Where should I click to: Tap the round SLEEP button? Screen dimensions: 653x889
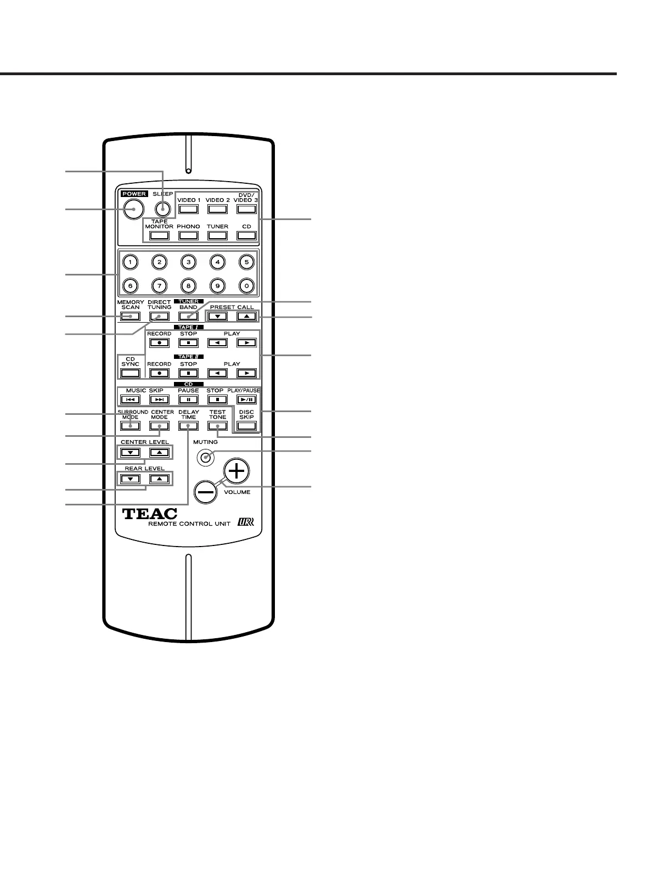coord(162,209)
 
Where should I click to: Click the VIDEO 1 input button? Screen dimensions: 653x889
coord(188,209)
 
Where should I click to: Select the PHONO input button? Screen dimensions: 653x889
coord(188,235)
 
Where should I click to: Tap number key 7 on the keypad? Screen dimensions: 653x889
coord(159,285)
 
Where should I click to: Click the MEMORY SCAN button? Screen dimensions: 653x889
coord(130,316)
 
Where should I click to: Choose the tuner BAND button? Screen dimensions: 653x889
coord(188,316)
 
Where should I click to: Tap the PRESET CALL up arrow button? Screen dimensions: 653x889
coord(246,316)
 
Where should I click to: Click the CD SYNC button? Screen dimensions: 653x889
coord(130,373)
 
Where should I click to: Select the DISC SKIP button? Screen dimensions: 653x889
coord(246,425)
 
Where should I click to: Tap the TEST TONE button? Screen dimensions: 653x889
coord(217,426)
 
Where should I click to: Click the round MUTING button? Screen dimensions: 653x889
coord(205,457)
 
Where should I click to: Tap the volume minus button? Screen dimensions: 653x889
coord(206,492)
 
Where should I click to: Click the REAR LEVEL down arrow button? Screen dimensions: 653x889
coord(130,479)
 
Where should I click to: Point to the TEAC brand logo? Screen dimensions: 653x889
coord(150,514)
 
